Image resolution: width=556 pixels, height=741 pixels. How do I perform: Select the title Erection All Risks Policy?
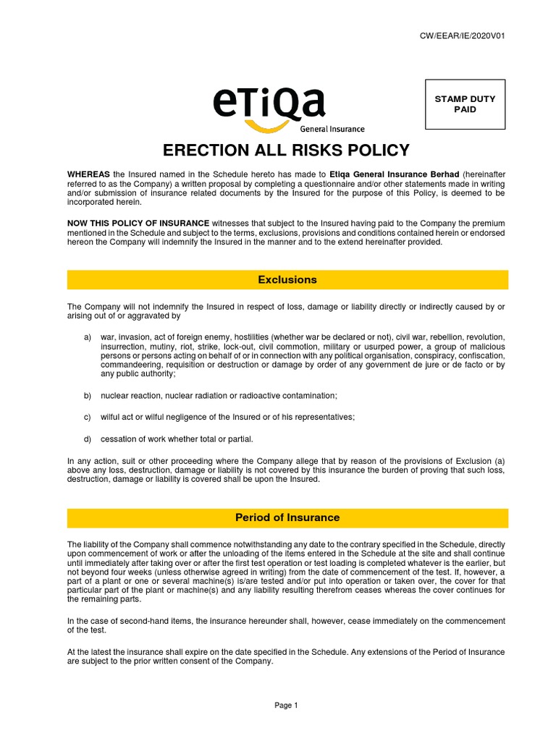[x=286, y=151]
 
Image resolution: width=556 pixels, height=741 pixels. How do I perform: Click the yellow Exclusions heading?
[x=287, y=280]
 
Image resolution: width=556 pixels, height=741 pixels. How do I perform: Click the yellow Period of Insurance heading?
[x=287, y=518]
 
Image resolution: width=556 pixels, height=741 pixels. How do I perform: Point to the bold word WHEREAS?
[x=88, y=174]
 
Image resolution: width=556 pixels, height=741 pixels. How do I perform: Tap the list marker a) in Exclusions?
[x=88, y=339]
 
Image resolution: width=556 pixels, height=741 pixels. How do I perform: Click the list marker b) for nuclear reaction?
[x=88, y=396]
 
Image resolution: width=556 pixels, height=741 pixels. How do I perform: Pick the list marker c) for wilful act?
[x=88, y=418]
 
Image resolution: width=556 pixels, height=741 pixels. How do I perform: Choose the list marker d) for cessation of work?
[x=88, y=439]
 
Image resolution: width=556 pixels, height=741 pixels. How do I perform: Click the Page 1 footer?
[x=287, y=706]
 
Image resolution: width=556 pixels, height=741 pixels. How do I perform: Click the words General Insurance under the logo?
[x=332, y=130]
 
